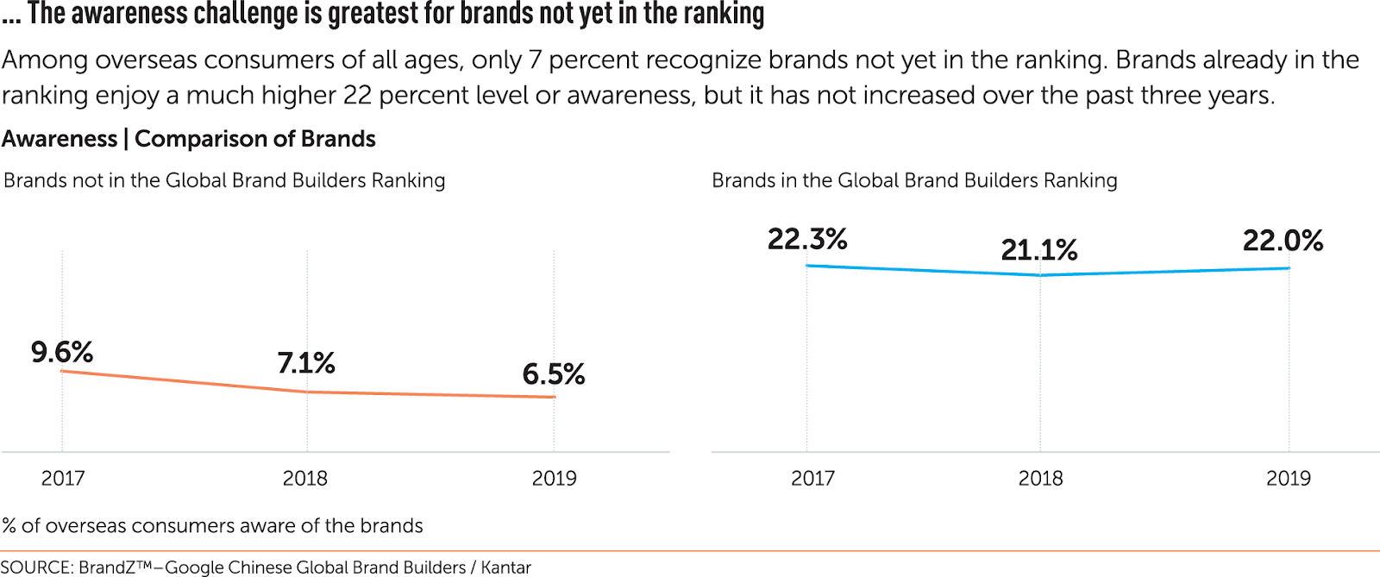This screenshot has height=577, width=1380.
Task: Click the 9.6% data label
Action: pos(62,352)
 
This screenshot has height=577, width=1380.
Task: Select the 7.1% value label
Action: pos(306,363)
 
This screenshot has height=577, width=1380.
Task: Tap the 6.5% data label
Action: pos(554,374)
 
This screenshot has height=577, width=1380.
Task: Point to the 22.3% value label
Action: pos(807,239)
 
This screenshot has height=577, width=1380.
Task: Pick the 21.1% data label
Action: pos(1039,250)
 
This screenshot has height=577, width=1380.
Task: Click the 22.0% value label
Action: pos(1283,241)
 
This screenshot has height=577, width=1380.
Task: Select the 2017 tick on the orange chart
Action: pos(63,478)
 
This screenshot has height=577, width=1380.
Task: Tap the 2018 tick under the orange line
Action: pos(305,478)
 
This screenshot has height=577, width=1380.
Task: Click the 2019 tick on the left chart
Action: pos(554,478)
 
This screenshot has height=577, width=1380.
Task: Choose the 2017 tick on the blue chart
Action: pos(812,478)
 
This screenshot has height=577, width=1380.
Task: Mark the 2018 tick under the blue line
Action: pos(1040,478)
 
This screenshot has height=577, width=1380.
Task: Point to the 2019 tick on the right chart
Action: pos(1288,478)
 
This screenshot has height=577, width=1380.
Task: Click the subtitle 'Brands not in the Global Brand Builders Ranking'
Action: pos(224,180)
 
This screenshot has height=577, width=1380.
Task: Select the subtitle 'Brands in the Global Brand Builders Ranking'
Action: pos(914,180)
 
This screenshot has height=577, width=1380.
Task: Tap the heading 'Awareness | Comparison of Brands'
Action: pos(189,139)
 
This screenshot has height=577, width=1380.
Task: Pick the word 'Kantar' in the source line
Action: pos(505,567)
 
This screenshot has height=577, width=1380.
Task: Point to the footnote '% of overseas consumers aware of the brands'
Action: pos(213,525)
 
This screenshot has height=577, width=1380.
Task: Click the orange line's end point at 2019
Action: pos(554,397)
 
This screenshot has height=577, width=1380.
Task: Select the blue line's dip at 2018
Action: pos(1040,275)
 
